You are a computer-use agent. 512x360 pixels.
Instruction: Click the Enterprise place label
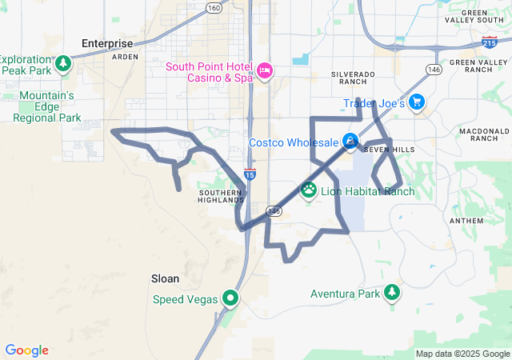point(106,42)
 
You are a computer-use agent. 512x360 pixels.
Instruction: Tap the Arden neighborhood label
point(125,58)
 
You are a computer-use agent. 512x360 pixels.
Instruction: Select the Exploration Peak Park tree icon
point(64,62)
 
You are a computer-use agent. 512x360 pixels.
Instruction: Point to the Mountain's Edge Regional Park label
point(46,107)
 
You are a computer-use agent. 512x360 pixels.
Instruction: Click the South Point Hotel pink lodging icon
point(265,72)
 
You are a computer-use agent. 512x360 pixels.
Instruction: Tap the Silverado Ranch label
point(353,78)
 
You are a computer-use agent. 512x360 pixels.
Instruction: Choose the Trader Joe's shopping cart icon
point(417,102)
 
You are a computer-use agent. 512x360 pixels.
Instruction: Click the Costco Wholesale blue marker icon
point(350,142)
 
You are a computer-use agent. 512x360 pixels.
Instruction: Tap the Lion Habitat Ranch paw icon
point(309,190)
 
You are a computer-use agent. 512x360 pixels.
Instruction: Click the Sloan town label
point(165,278)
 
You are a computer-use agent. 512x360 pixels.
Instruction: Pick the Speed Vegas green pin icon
point(230,299)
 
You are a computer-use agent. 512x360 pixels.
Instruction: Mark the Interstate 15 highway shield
point(250,174)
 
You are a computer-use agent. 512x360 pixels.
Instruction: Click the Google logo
point(26,350)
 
